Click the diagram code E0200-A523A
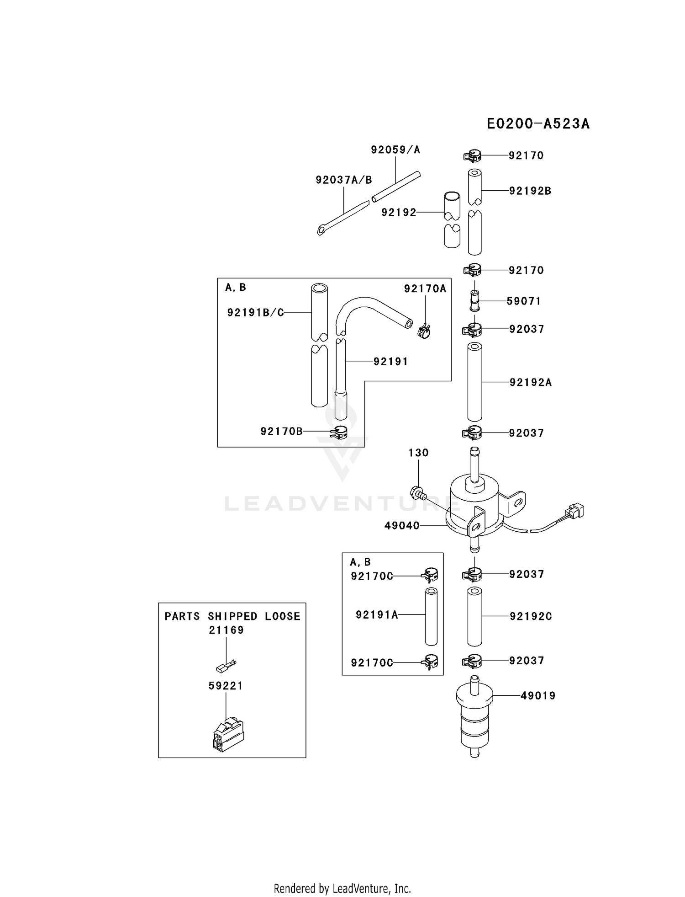pyautogui.click(x=538, y=124)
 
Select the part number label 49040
pyautogui.click(x=402, y=526)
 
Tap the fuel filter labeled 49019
pyautogui.click(x=475, y=723)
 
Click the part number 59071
pyautogui.click(x=524, y=301)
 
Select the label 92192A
pyautogui.click(x=531, y=382)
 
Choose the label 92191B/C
pyautogui.click(x=256, y=312)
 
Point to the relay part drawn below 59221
pyautogui.click(x=228, y=735)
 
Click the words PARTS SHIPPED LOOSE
pyautogui.click(x=232, y=616)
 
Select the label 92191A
pyautogui.click(x=377, y=615)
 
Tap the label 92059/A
pyautogui.click(x=395, y=149)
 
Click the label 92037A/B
pyautogui.click(x=344, y=180)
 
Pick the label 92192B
pyautogui.click(x=531, y=191)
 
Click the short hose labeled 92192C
pyautogui.click(x=475, y=616)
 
